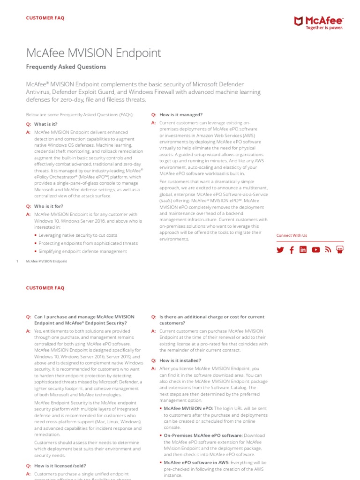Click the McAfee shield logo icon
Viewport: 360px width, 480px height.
[x=298, y=21]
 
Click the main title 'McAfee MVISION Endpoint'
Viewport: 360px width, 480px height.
[x=93, y=53]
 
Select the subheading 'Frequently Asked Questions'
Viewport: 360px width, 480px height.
[x=66, y=67]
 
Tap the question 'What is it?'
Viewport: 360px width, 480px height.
[x=45, y=124]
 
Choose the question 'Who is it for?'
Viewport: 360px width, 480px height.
[x=49, y=206]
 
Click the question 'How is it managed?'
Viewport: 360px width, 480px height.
[x=181, y=115]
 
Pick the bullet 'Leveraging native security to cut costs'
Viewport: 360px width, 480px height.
[x=78, y=235]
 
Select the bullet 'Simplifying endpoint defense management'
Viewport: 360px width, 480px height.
[x=82, y=251]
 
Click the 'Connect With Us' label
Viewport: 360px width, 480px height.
[x=292, y=235]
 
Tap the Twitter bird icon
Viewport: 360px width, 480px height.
[x=280, y=250]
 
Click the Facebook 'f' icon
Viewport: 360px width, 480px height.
[x=292, y=250]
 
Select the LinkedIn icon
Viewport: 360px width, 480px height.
[x=303, y=250]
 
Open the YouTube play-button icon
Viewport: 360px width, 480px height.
[x=316, y=250]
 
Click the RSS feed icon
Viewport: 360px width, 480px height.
[x=328, y=250]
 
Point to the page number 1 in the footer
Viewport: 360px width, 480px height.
[x=17, y=261]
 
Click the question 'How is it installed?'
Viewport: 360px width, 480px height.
[x=180, y=360]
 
